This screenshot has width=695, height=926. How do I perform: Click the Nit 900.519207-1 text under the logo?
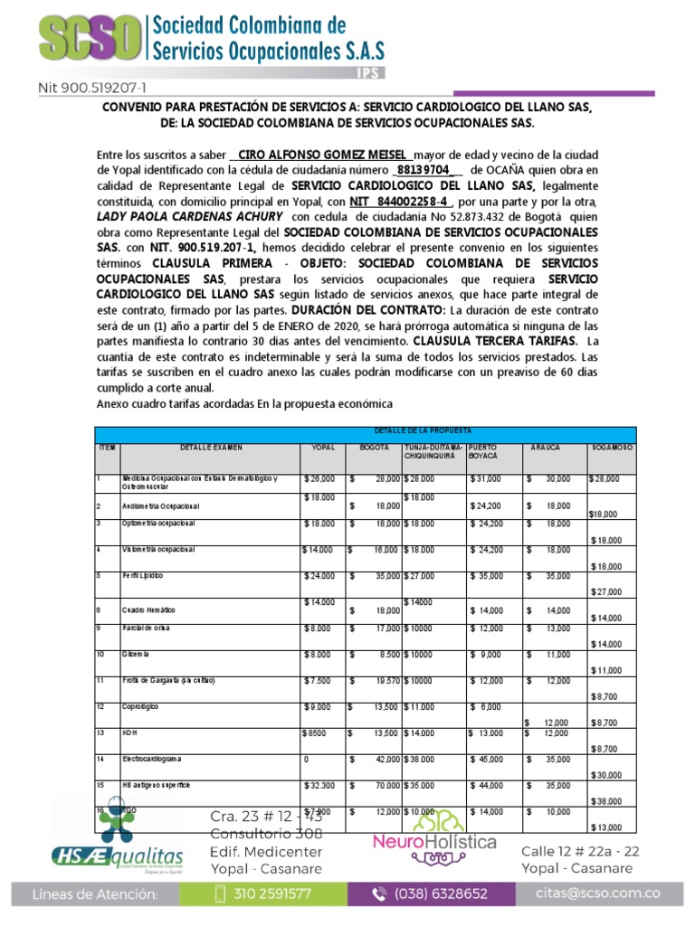tap(91, 89)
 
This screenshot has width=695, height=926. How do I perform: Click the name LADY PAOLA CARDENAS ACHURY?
tap(190, 217)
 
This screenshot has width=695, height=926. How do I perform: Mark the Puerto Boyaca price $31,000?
tap(485, 478)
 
